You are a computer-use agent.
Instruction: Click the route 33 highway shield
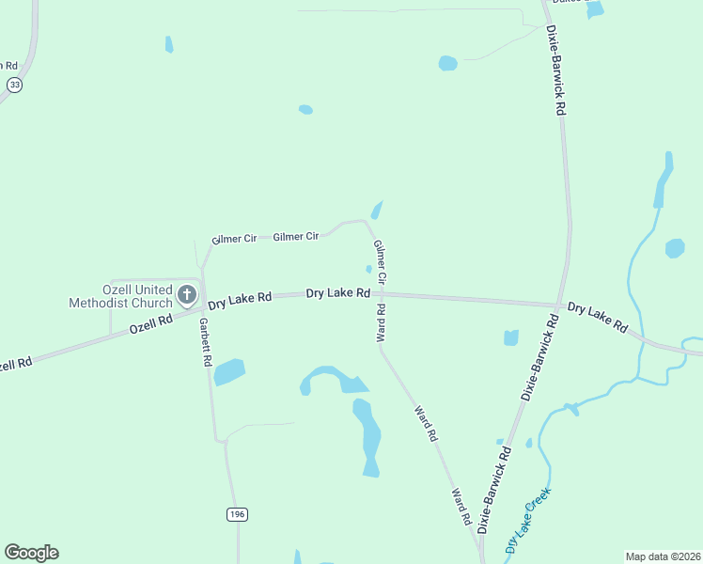14,85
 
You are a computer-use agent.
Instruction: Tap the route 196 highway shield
237,513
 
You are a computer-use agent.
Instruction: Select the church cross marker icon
187,295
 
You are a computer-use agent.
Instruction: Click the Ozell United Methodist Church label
120,296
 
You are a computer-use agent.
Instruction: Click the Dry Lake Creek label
527,518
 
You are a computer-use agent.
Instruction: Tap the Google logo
31,553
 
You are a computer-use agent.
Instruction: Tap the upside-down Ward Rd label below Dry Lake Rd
382,321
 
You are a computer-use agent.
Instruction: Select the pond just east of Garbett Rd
228,372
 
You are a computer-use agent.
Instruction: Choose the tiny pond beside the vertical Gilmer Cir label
369,269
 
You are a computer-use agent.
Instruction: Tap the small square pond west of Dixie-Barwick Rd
511,337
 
